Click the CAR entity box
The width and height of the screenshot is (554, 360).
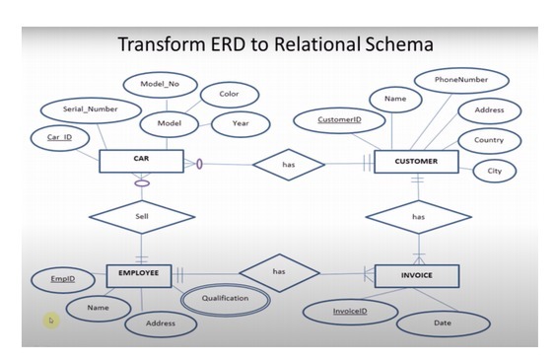click(x=140, y=160)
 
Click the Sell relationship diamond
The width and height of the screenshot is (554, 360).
click(x=141, y=214)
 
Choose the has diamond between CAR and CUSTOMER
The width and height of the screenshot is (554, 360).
click(x=288, y=165)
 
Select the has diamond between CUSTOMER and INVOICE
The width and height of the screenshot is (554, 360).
click(x=418, y=215)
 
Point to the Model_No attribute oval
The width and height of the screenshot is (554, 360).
click(x=158, y=85)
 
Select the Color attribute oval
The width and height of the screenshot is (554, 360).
click(x=229, y=96)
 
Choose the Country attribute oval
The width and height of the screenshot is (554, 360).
click(x=488, y=140)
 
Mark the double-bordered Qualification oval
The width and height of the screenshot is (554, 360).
click(x=225, y=298)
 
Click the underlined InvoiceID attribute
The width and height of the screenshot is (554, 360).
click(x=349, y=312)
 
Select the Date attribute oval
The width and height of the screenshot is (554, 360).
click(x=443, y=323)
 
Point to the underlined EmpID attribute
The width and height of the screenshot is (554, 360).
click(x=62, y=279)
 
